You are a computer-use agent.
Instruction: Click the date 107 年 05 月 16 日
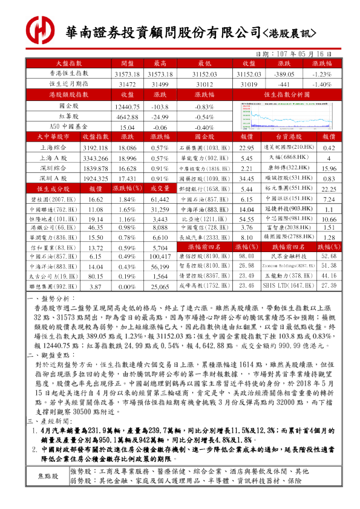click(299, 54)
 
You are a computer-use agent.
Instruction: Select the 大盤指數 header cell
click(69, 63)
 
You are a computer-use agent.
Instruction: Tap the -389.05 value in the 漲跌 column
click(283, 73)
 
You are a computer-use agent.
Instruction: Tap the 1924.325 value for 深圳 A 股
click(95, 180)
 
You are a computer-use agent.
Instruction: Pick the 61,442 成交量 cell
click(160, 200)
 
